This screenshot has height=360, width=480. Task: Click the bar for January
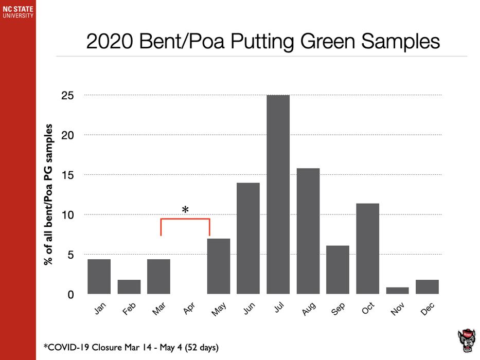click(x=99, y=276)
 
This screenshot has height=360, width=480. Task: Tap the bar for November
click(x=397, y=291)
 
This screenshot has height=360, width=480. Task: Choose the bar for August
click(x=308, y=231)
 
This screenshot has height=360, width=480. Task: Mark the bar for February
click(x=129, y=286)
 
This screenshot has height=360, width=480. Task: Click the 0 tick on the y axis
click(x=72, y=295)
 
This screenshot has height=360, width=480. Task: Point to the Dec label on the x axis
click(x=427, y=309)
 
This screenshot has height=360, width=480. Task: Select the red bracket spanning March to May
click(x=185, y=220)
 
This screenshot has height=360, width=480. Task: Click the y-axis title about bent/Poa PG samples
click(x=49, y=194)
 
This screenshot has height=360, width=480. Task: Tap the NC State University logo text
click(x=17, y=11)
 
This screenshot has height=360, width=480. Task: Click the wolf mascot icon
click(x=466, y=340)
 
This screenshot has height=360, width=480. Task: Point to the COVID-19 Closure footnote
click(x=131, y=348)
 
